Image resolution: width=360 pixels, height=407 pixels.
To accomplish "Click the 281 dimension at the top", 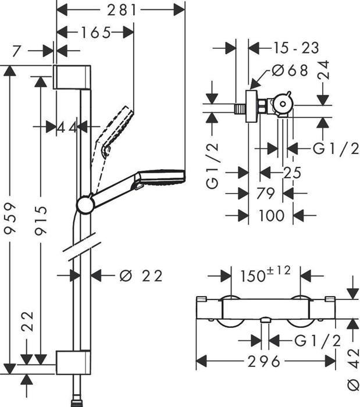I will point(120,9).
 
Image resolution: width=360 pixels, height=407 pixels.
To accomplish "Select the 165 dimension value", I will point(96,33).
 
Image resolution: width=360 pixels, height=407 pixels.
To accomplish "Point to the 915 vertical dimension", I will point(40,220).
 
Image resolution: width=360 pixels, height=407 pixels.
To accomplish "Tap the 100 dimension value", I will point(271,215).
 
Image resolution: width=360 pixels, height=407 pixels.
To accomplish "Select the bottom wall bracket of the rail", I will point(73,361).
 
